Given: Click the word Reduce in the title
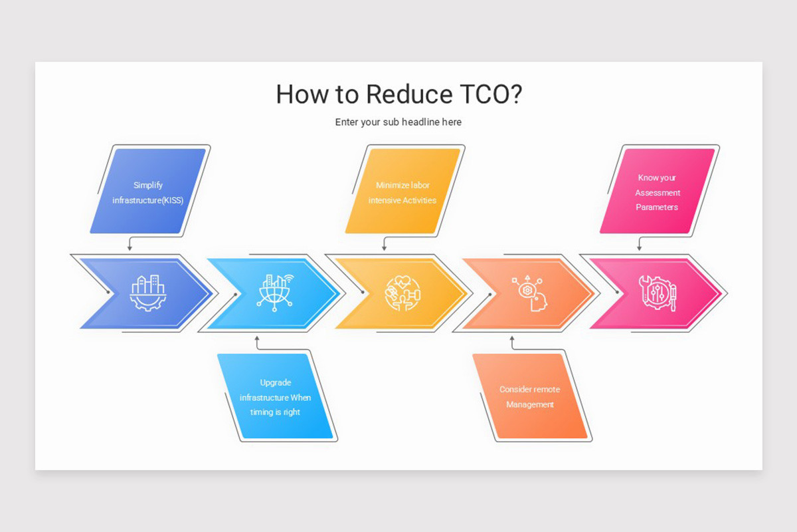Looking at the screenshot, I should [x=400, y=94].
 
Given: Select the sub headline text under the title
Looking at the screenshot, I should [x=398, y=122].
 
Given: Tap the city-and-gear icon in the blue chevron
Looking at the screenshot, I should [x=147, y=293].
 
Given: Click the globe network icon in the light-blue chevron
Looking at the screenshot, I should [x=275, y=293].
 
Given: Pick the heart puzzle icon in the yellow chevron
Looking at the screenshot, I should [x=402, y=293].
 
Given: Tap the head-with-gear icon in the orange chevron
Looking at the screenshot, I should [x=530, y=293].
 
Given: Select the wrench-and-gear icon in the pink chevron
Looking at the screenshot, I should [x=658, y=293].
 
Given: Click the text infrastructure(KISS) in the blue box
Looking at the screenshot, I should [x=147, y=200].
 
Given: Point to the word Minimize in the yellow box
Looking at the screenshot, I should [x=391, y=186].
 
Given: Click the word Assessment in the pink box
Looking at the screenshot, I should [x=658, y=193].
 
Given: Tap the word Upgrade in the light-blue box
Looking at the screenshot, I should [x=276, y=383].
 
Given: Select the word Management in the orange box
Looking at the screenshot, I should [x=530, y=404].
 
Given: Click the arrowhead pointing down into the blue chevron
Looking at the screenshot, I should [x=130, y=248].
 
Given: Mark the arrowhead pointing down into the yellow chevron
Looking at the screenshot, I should [x=385, y=248].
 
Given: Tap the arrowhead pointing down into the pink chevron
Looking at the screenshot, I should [x=640, y=248].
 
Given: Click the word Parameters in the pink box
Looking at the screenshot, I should [x=657, y=207].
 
